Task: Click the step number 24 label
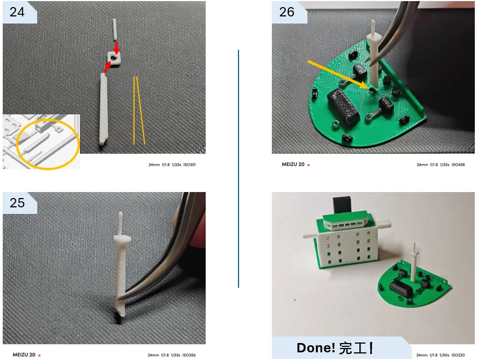tap(17, 12)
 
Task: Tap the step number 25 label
tap(17, 202)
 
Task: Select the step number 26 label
tap(287, 12)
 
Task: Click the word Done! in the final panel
tap(316, 347)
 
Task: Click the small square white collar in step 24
tap(114, 58)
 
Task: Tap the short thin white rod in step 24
tap(114, 30)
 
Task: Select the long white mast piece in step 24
tap(103, 109)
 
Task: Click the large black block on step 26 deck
tap(344, 107)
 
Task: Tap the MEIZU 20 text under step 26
tap(293, 164)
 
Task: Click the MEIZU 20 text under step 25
tap(24, 355)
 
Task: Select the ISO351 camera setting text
tap(189, 165)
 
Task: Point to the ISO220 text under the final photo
tap(458, 355)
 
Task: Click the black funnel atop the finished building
tap(342, 205)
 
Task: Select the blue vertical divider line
tap(238, 169)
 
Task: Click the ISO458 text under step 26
tap(458, 165)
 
